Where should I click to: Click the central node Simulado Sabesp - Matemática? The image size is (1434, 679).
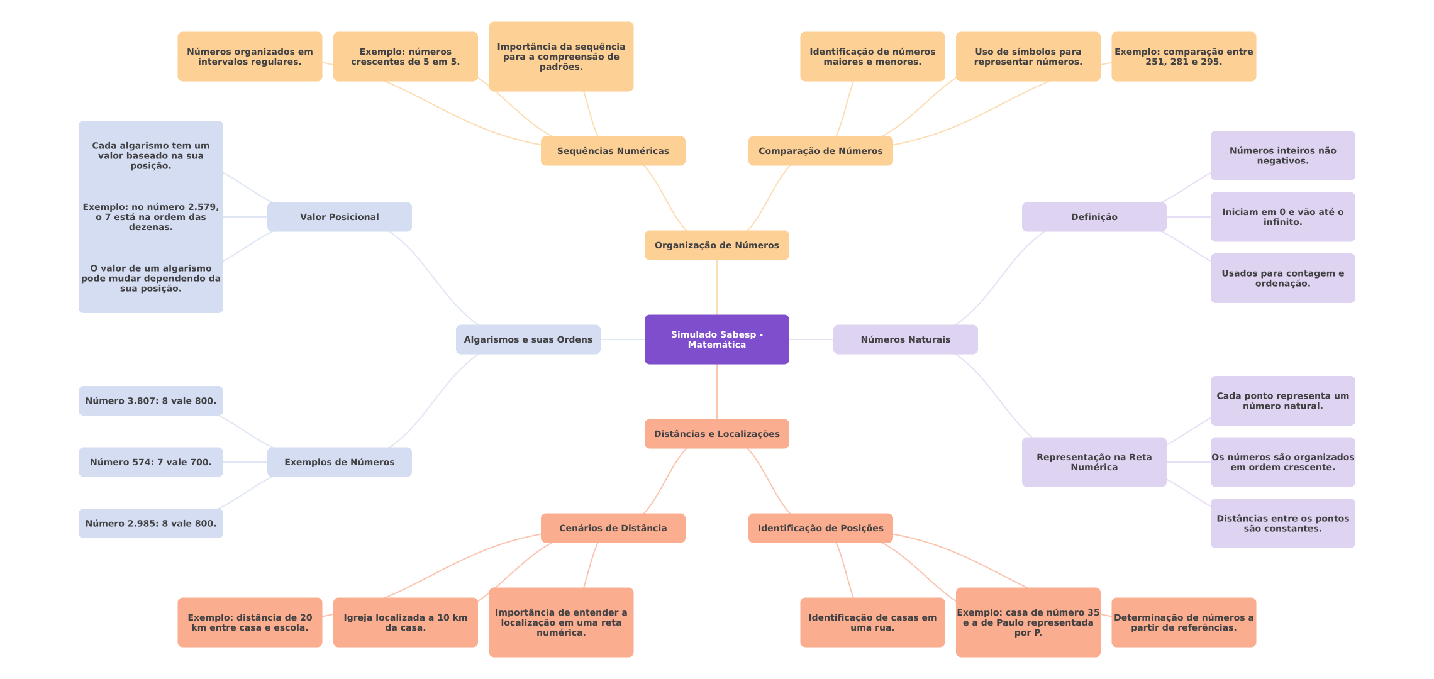tap(716, 339)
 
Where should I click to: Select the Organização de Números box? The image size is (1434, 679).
tap(716, 245)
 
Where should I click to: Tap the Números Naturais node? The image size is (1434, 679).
tap(905, 339)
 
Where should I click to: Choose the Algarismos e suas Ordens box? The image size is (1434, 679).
tap(528, 339)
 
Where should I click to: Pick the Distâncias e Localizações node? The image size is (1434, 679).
tap(716, 434)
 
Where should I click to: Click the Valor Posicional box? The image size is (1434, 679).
tap(339, 217)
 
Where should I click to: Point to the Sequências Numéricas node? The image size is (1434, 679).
tap(613, 151)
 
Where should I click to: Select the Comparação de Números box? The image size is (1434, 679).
tap(820, 151)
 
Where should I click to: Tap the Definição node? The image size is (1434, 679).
tap(1094, 217)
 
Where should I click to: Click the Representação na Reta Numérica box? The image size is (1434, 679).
tap(1094, 462)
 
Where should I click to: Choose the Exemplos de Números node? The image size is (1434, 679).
tap(339, 462)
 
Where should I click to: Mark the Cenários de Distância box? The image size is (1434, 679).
tap(613, 528)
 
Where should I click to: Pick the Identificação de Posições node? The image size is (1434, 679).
tap(820, 528)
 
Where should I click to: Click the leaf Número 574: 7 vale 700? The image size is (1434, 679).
tap(150, 462)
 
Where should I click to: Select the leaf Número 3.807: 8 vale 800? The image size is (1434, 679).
tap(150, 401)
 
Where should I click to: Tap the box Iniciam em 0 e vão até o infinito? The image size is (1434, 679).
tap(1282, 217)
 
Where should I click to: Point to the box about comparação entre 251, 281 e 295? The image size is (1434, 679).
tap(1183, 57)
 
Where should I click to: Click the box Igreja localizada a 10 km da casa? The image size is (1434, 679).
tap(405, 622)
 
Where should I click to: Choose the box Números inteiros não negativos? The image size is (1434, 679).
tap(1282, 156)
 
